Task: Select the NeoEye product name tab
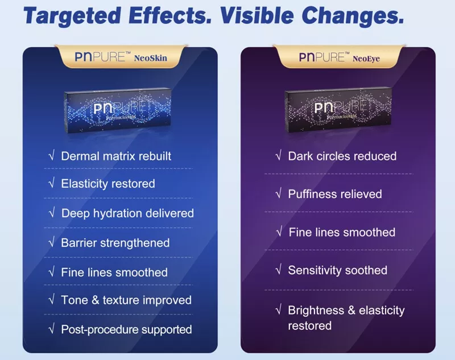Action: [340, 57]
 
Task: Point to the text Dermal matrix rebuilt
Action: [116, 156]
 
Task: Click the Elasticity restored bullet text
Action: [107, 184]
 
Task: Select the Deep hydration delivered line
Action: [127, 213]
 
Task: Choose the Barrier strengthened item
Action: [115, 243]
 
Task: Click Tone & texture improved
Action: [126, 300]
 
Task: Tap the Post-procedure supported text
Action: [126, 329]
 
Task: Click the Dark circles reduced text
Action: [342, 156]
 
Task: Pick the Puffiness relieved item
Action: [334, 194]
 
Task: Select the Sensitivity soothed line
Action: [337, 270]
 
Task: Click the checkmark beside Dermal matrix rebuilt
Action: [52, 156]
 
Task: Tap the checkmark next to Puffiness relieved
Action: [279, 194]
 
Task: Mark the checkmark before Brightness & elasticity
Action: [279, 311]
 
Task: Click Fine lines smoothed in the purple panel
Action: [342, 232]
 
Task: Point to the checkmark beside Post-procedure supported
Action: [52, 329]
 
